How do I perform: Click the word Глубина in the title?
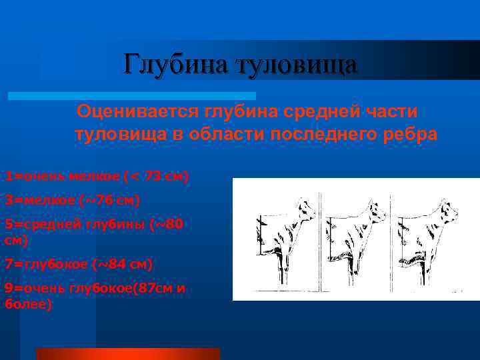tap(173, 65)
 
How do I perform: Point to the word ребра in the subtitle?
tap(409, 134)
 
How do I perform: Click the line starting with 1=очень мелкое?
tap(97, 177)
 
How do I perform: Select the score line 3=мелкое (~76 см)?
tap(73, 199)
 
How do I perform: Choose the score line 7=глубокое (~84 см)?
tap(79, 265)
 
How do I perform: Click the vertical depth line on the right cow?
tap(398, 240)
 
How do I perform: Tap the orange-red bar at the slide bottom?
tap(127, 353)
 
